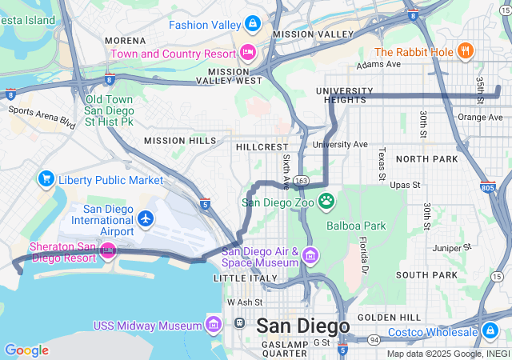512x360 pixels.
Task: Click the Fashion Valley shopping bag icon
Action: click(253, 25)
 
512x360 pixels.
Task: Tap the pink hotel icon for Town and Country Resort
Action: click(248, 53)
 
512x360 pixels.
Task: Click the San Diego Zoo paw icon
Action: click(326, 201)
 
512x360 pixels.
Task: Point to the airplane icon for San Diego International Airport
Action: click(145, 218)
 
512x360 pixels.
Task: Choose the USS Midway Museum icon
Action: click(213, 325)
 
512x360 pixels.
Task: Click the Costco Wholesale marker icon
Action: click(490, 330)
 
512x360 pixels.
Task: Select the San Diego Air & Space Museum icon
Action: click(310, 256)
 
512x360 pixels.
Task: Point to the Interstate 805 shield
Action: click(488, 188)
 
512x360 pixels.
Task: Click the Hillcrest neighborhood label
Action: click(262, 147)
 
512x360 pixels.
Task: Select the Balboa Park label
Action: click(356, 226)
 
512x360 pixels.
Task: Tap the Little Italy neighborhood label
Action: click(245, 278)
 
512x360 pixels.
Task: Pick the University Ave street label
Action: click(340, 145)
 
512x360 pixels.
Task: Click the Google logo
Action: click(26, 350)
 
